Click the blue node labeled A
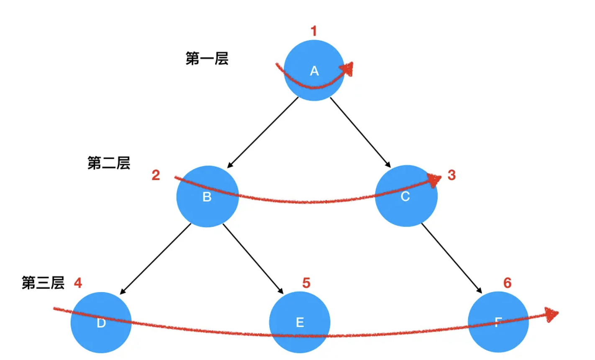tap(314, 70)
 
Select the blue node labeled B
tap(208, 196)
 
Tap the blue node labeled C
tap(406, 196)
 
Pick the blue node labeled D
tap(101, 323)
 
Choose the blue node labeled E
tap(300, 322)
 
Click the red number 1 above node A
tap(314, 31)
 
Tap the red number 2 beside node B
tap(156, 175)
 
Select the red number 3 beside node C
tap(451, 175)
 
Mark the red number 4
tap(78, 283)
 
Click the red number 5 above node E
tap(306, 283)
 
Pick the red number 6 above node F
tap(507, 283)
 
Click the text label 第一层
tap(207, 59)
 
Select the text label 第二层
tap(109, 163)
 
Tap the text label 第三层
tap(43, 283)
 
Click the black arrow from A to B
tap(263, 132)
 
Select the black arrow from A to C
tap(361, 132)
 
